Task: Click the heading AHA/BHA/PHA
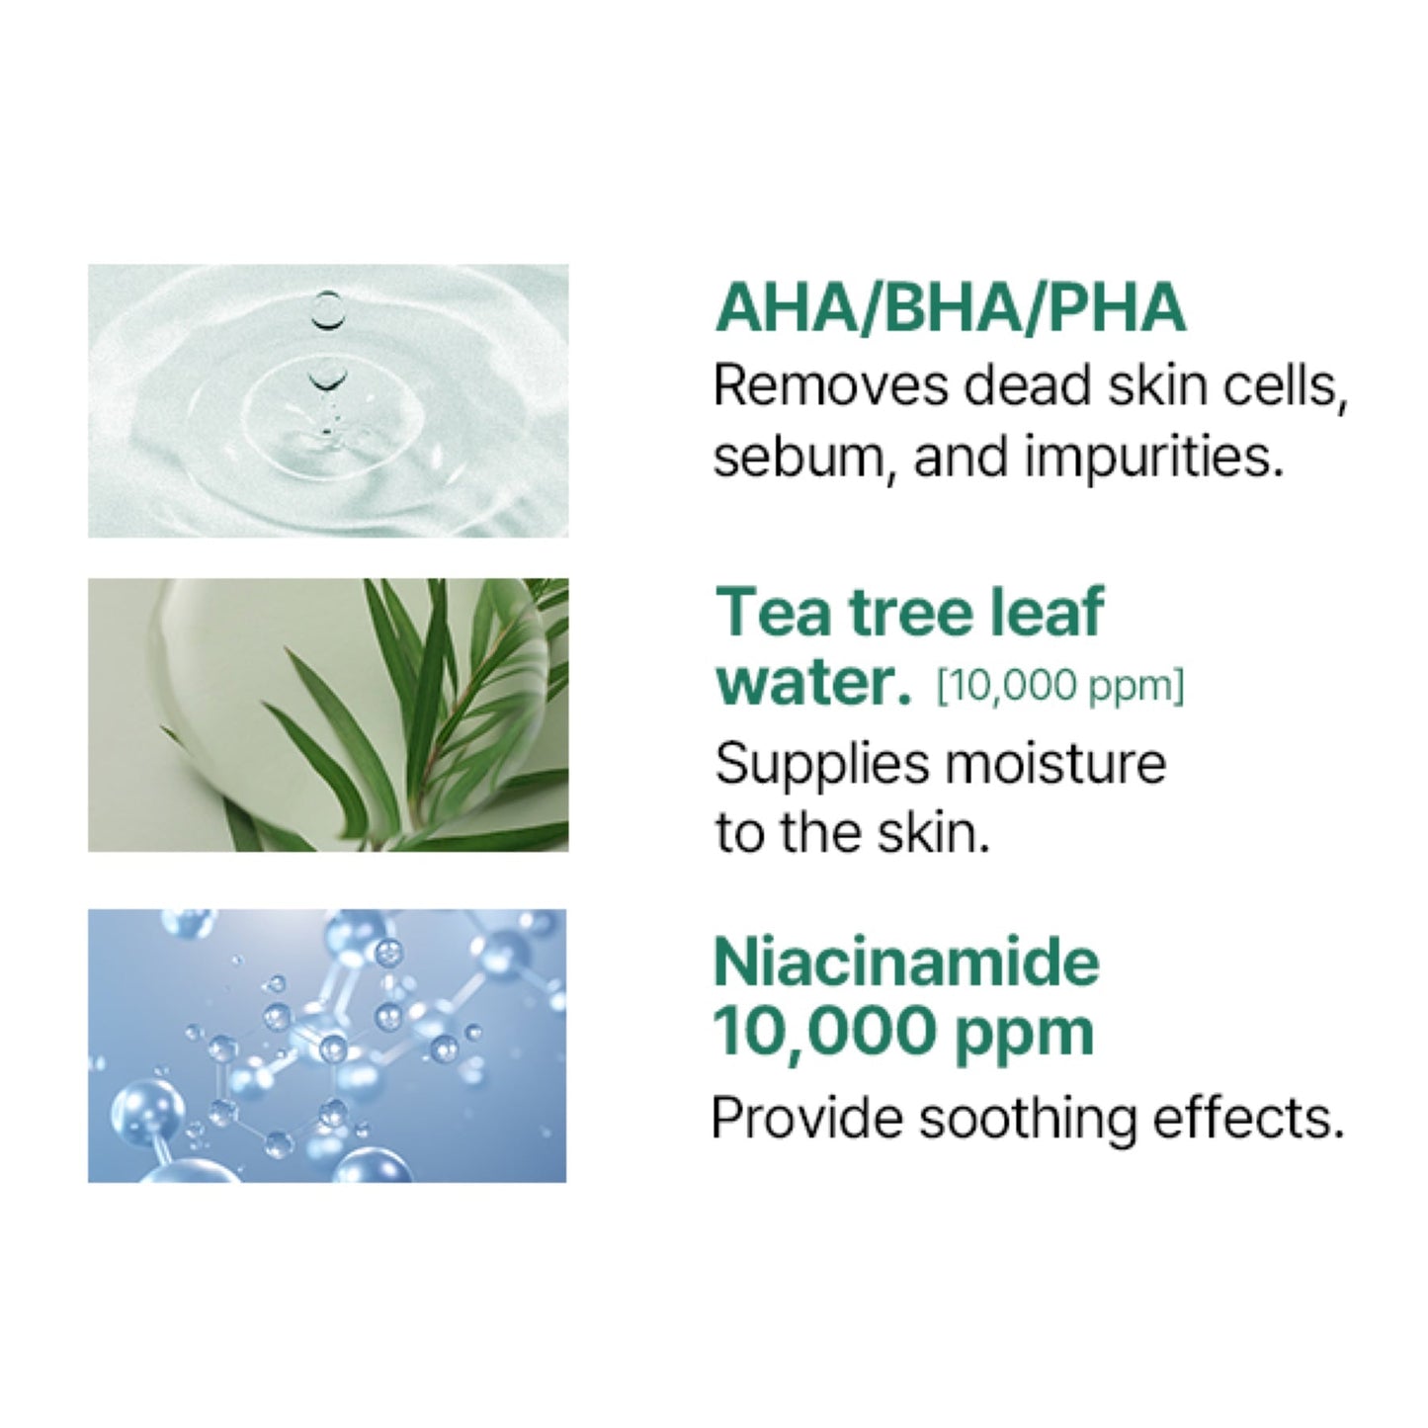(950, 307)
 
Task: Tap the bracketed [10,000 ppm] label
(1059, 685)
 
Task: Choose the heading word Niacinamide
(906, 961)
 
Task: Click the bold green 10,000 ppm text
(902, 1031)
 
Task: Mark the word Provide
(806, 1118)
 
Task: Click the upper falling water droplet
(326, 308)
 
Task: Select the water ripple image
(327, 400)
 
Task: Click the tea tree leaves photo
(327, 714)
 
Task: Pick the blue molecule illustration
(327, 1046)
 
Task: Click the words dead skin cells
(1155, 385)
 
